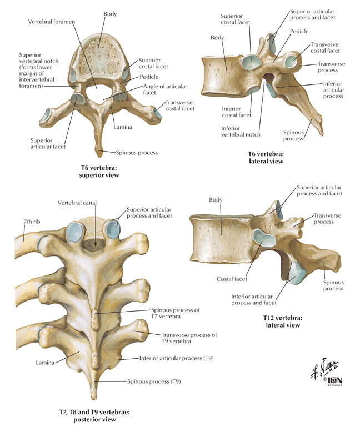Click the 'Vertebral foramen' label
point(51,22)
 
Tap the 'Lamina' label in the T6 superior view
point(123,127)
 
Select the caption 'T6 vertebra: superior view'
point(99,172)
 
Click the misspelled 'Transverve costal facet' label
point(325,48)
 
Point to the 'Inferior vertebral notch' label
point(241,132)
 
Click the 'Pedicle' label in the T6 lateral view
point(299,32)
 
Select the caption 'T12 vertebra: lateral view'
point(283,322)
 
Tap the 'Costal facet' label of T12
point(232,279)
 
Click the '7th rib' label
point(32,222)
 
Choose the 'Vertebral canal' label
point(77,203)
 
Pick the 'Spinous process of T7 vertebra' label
point(175,313)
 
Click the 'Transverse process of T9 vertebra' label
point(189,338)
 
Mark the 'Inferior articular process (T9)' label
point(177,358)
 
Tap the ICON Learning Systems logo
point(334,381)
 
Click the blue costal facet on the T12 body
point(263,238)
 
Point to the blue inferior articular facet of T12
point(297,273)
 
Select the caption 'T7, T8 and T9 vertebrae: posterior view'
point(94,416)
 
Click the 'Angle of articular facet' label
point(165,89)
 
